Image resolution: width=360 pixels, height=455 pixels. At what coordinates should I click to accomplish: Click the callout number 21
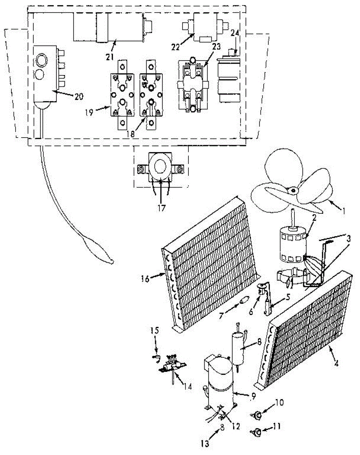click(110, 56)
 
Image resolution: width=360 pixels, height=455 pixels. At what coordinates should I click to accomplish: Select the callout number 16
click(145, 279)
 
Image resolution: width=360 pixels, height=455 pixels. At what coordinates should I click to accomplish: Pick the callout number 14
click(188, 386)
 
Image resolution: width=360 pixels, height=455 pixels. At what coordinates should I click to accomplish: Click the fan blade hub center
click(293, 190)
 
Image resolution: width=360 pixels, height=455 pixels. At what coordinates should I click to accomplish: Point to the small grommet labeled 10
click(257, 416)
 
